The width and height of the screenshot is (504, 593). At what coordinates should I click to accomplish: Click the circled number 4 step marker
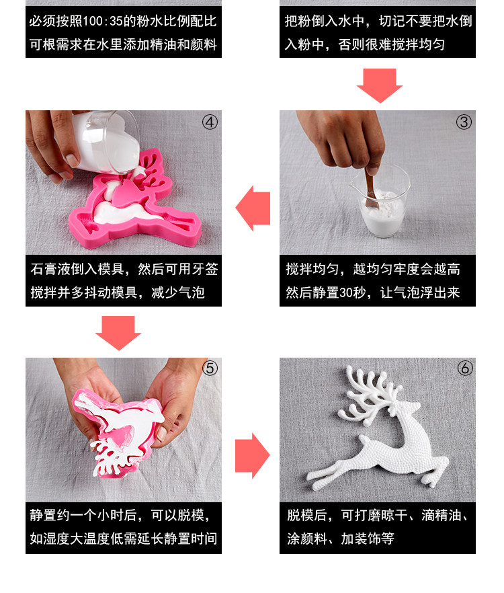pyautogui.click(x=210, y=122)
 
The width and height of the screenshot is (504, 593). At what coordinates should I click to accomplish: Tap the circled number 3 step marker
pyautogui.click(x=464, y=122)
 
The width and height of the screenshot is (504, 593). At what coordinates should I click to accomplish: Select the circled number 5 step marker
pyautogui.click(x=210, y=368)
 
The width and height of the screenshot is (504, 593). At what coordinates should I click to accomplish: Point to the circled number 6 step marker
pyautogui.click(x=465, y=368)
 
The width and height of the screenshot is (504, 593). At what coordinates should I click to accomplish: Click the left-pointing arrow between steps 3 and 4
pyautogui.click(x=253, y=208)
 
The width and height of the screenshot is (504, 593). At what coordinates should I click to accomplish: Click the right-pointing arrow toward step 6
pyautogui.click(x=253, y=456)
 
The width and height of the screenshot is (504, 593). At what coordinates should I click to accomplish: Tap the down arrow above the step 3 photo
pyautogui.click(x=380, y=86)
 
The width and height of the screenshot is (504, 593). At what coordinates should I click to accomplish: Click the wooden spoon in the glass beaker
pyautogui.click(x=372, y=188)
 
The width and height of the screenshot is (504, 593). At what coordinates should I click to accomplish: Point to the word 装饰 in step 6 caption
pyautogui.click(x=368, y=539)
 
